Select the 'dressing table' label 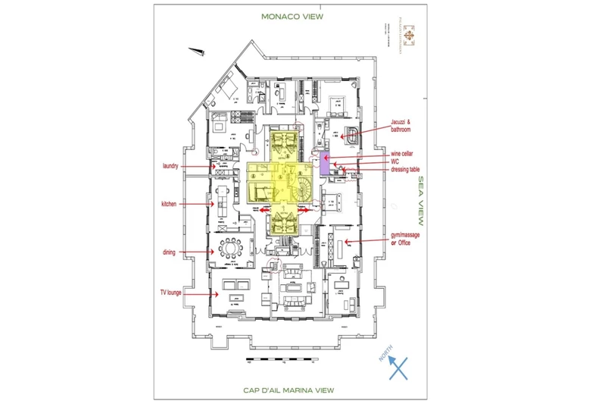tap(385, 171)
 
